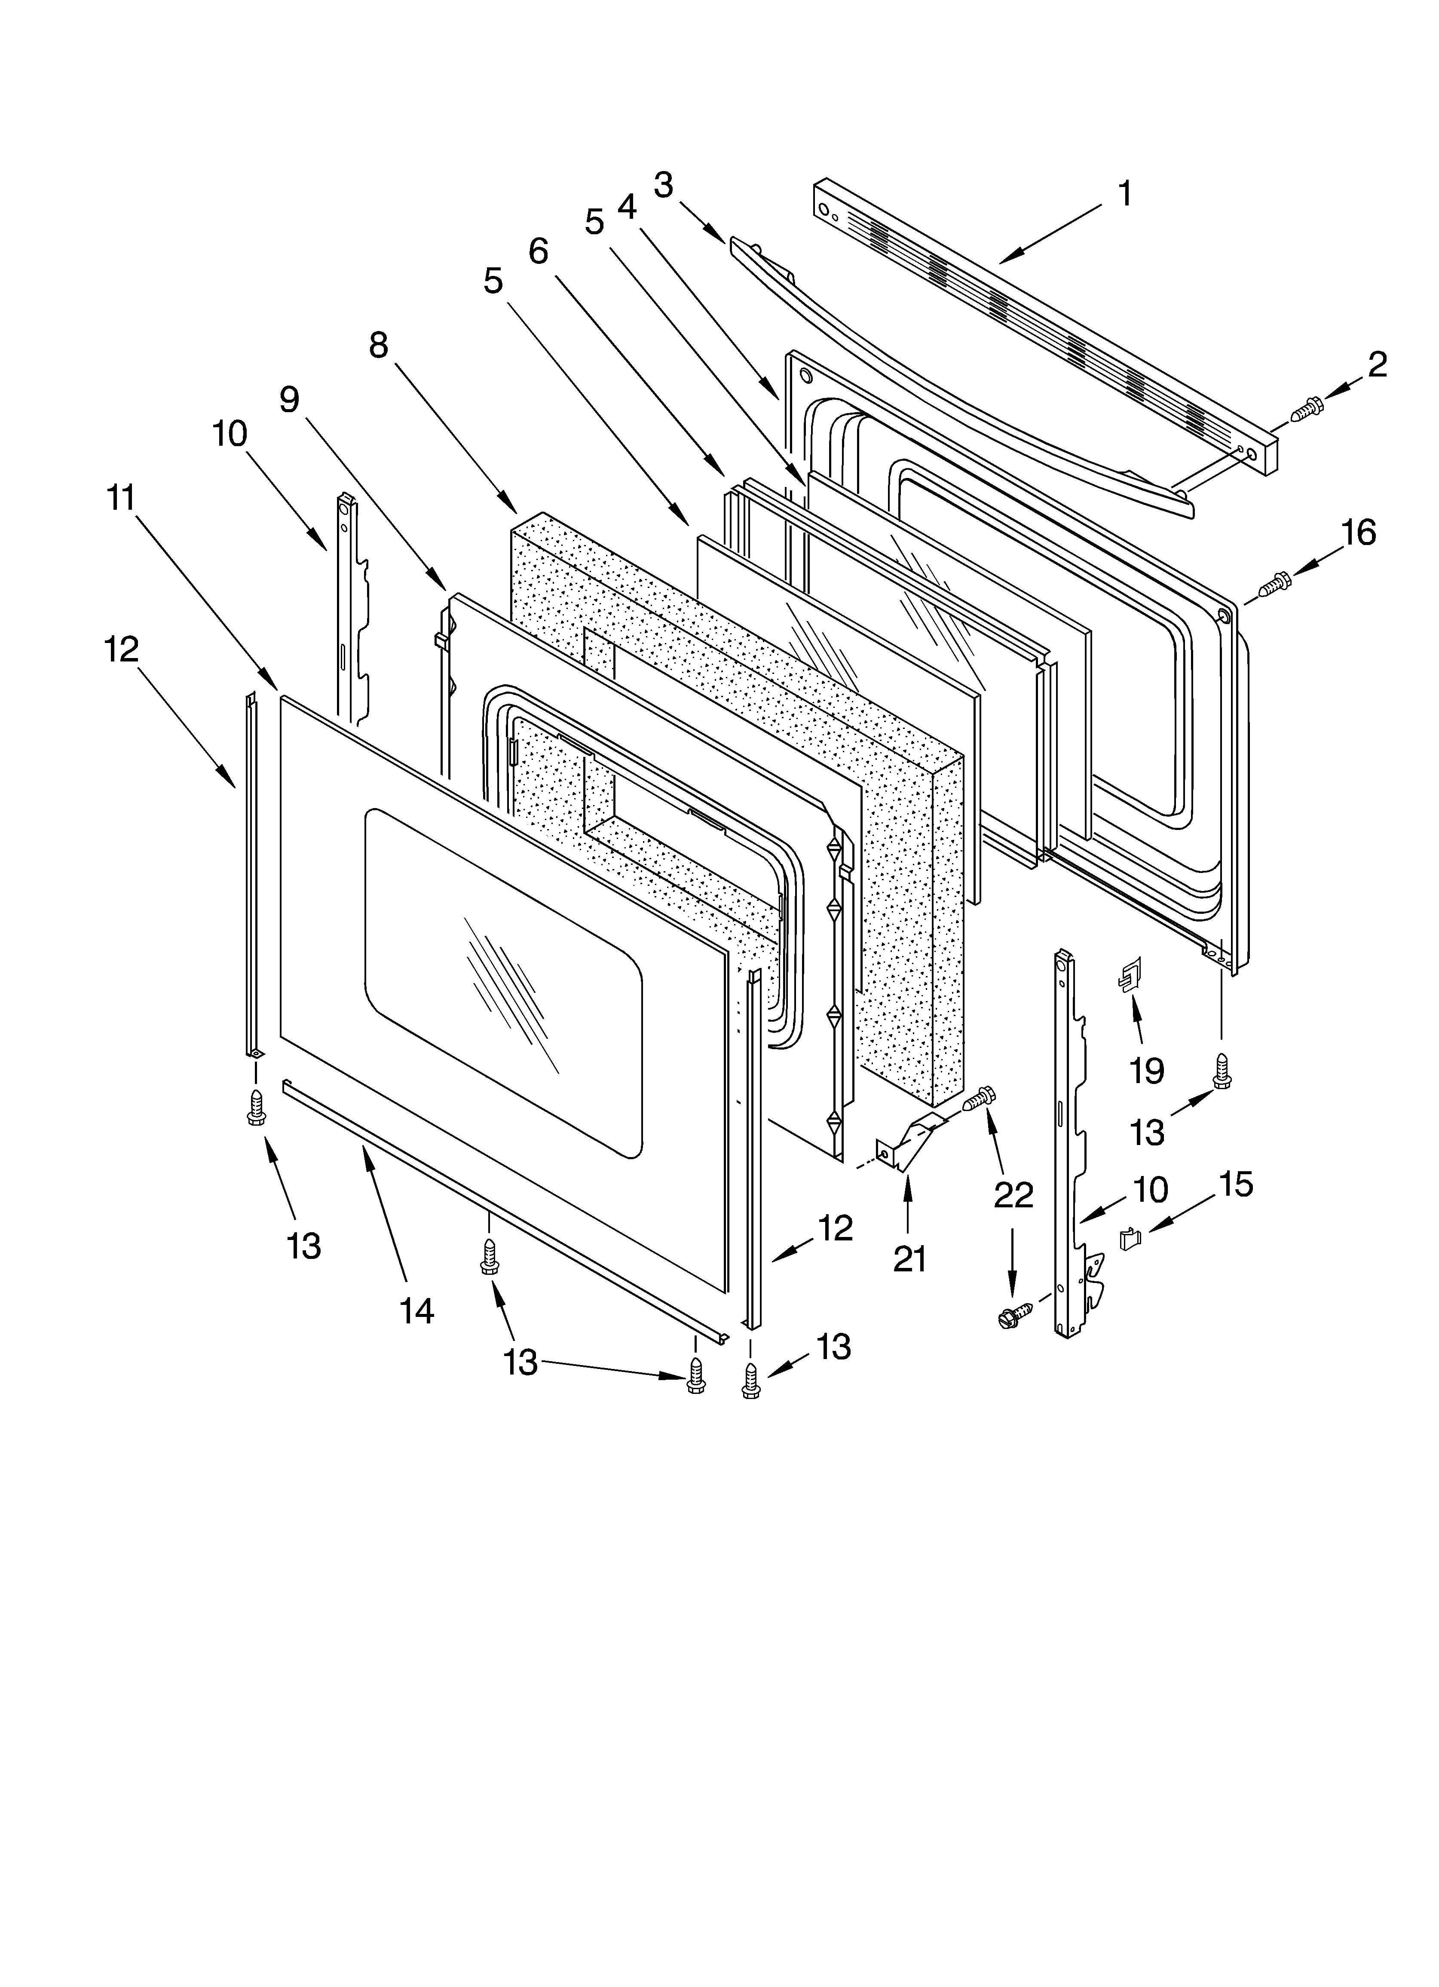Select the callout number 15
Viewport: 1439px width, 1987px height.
[1236, 1185]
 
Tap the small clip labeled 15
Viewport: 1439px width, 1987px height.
[1130, 1240]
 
